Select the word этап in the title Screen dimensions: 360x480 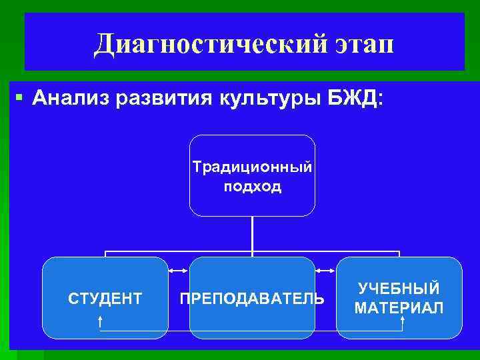[360, 45]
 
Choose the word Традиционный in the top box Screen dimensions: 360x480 [252, 166]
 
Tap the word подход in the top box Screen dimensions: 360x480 [253, 186]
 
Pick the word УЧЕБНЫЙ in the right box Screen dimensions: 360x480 [399, 289]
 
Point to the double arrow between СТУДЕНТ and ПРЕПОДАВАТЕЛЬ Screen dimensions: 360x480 [179, 271]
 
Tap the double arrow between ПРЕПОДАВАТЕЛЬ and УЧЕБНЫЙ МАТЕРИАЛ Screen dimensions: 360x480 [325, 271]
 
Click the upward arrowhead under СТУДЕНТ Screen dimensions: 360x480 [100, 318]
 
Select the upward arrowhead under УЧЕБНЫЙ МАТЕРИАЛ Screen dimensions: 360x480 [403, 318]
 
